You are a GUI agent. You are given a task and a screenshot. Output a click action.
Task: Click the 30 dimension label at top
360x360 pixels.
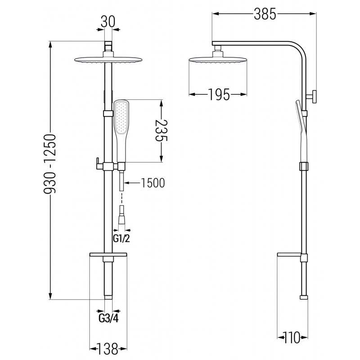[x=108, y=21]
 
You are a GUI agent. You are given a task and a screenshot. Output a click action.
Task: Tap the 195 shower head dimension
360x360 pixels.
[x=219, y=94]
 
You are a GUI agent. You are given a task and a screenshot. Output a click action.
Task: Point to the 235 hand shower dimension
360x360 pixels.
[x=161, y=130]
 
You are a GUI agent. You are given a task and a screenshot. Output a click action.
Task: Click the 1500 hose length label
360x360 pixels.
[x=153, y=183]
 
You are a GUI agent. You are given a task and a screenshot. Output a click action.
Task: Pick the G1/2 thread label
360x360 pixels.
[x=121, y=238]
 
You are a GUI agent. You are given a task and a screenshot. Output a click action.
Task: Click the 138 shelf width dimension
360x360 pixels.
[x=108, y=348]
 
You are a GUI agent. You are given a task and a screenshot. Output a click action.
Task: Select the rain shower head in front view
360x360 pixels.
[x=108, y=61]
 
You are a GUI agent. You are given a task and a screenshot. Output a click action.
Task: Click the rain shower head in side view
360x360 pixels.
[x=218, y=59]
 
